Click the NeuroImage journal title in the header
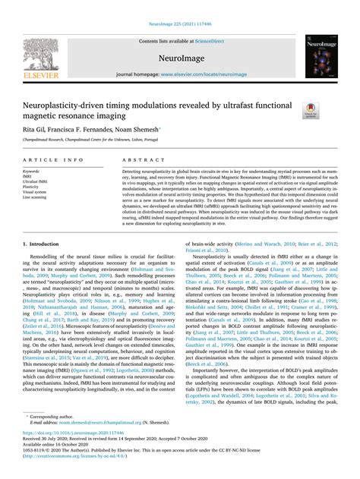click(x=180, y=56)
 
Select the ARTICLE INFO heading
click(x=53, y=161)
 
